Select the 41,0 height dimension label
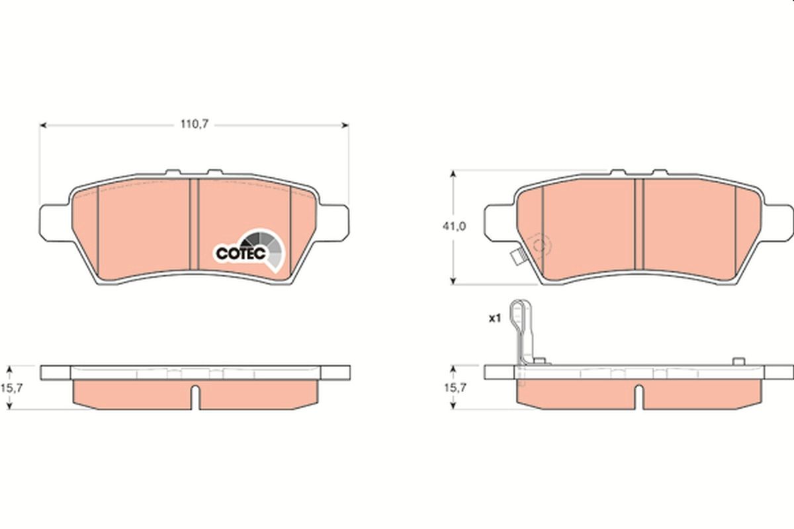pos(454,226)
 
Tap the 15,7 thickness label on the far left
pos(15,388)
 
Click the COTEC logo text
pos(241,253)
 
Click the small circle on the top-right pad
pos(540,247)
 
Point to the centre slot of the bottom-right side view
pos(639,395)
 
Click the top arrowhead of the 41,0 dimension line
pos(453,174)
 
